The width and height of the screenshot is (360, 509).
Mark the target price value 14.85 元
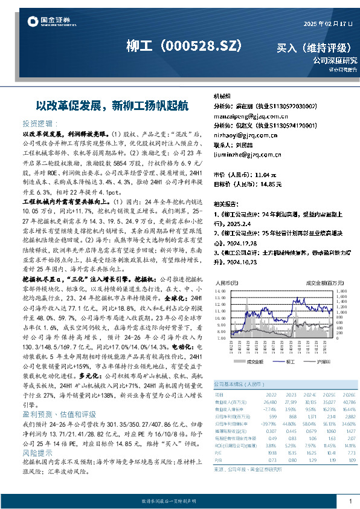(271, 184)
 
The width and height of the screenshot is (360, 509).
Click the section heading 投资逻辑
(38, 122)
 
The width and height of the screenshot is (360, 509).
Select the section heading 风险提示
(38, 435)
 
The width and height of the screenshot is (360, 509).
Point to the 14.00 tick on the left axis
(221, 290)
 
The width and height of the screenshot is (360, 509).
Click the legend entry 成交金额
(254, 361)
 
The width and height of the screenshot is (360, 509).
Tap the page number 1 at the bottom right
(350, 501)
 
